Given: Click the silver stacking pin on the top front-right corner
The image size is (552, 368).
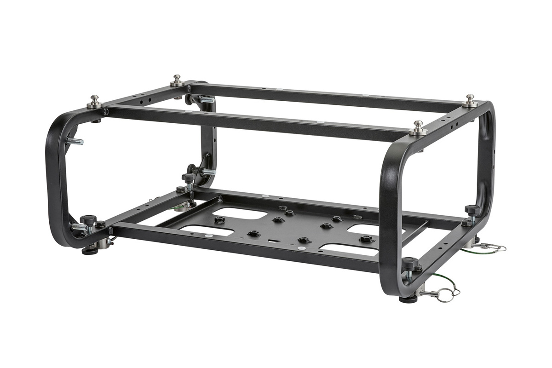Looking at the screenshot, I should click(x=418, y=128).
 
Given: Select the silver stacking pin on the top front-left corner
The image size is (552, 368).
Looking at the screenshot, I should click(x=95, y=101).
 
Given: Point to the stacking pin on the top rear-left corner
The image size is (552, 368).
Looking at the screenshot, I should click(x=178, y=80).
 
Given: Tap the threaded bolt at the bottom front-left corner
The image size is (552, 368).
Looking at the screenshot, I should click(x=79, y=227).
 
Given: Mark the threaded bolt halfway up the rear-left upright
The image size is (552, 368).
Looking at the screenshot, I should click(x=207, y=172).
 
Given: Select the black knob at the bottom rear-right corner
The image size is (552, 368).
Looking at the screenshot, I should click(x=472, y=210).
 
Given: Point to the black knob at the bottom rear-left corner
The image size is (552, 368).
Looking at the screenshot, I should click(x=188, y=178).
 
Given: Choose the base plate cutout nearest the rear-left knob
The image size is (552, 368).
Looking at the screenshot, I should click(x=240, y=214).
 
